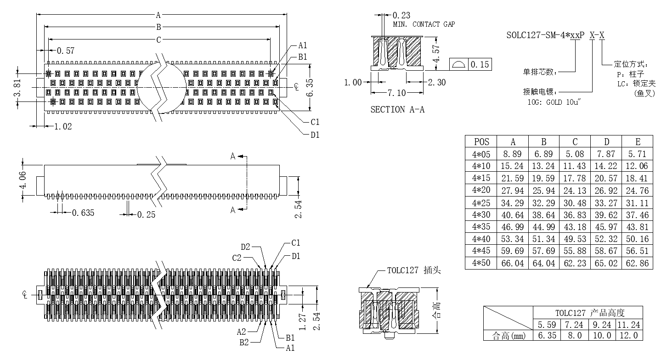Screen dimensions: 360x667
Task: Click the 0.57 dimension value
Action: tap(65, 51)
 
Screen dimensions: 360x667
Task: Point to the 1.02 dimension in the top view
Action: tap(63, 126)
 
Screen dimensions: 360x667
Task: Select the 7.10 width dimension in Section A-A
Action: tap(396, 93)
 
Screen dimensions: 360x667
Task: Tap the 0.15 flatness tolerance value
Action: tap(480, 64)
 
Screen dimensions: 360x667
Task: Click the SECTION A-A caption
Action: tap(397, 110)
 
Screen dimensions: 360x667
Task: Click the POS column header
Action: tap(481, 142)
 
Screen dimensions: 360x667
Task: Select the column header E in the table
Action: tap(637, 142)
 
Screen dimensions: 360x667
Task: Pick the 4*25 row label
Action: tap(481, 202)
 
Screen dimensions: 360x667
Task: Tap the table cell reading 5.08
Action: tap(575, 154)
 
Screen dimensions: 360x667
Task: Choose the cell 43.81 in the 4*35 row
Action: tap(637, 227)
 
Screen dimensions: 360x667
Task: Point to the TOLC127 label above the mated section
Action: tap(402, 270)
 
